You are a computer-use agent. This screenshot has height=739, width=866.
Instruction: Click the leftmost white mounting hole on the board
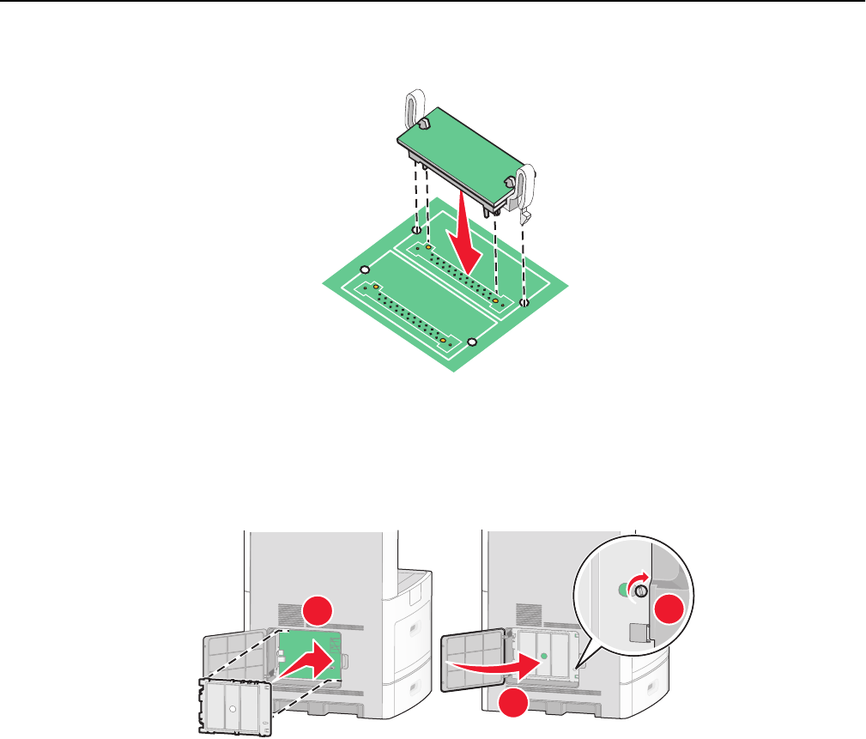pyautogui.click(x=365, y=270)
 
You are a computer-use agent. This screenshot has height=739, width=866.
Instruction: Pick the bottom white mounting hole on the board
pyautogui.click(x=471, y=342)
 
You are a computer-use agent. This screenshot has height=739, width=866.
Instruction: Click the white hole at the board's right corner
pyautogui.click(x=525, y=303)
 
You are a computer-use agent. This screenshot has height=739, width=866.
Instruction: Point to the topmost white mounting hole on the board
pyautogui.click(x=416, y=230)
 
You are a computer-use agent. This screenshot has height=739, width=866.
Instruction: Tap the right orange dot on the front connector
pyautogui.click(x=443, y=341)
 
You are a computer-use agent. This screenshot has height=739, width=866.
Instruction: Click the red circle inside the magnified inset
pyautogui.click(x=663, y=612)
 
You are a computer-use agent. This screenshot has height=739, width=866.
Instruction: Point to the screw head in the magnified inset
pyautogui.click(x=640, y=590)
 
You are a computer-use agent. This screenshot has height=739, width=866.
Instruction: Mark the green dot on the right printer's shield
pyautogui.click(x=543, y=656)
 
